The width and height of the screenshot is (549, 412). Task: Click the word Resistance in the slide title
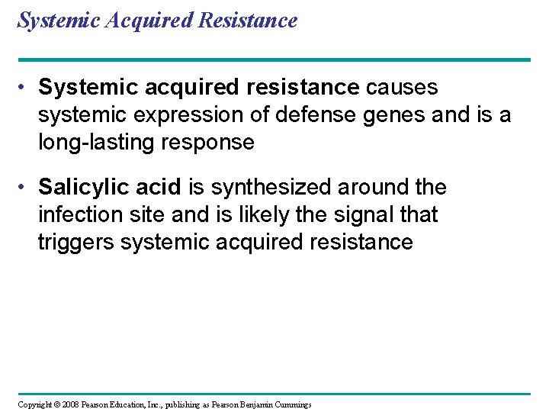[247, 21]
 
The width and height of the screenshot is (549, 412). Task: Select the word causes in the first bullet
[402, 88]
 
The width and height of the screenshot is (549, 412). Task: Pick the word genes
[387, 115]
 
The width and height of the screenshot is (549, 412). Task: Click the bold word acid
[159, 188]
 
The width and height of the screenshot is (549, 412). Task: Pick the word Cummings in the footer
[291, 404]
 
